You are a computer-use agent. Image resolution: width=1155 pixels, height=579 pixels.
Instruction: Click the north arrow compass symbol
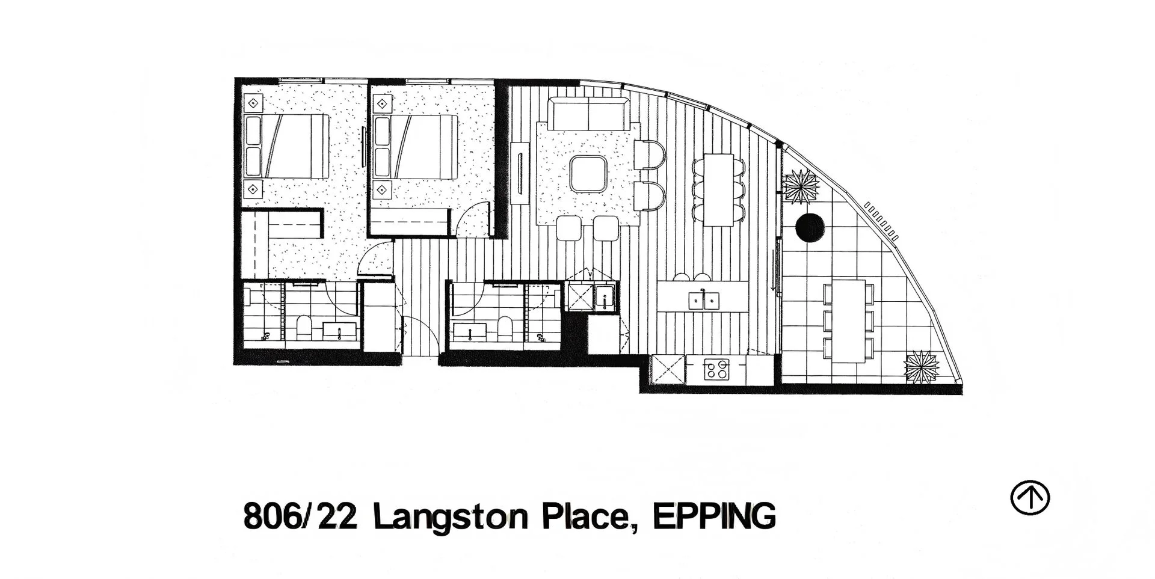pos(1029,498)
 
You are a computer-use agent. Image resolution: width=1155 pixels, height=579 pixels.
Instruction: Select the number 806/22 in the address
pos(300,516)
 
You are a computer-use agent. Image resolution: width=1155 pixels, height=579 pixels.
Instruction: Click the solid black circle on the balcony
pos(810,228)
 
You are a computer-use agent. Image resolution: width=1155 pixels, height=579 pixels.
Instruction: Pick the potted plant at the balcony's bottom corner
pos(922,366)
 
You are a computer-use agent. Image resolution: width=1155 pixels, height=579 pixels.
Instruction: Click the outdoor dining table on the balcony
pos(848,321)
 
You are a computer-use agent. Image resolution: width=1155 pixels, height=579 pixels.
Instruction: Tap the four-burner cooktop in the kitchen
pos(716,369)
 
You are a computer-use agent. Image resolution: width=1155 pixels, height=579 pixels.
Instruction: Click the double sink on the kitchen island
pos(704,299)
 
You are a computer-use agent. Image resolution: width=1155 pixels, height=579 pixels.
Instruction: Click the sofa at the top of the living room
pos(589,114)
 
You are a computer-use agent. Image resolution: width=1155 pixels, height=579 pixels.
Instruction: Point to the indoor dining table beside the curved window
pos(718,189)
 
